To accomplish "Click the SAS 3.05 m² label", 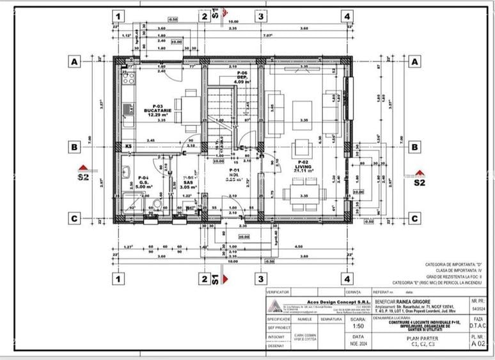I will pos(187,184).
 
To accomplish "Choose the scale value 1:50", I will pos(359,324).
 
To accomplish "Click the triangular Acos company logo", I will pos(274,305).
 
